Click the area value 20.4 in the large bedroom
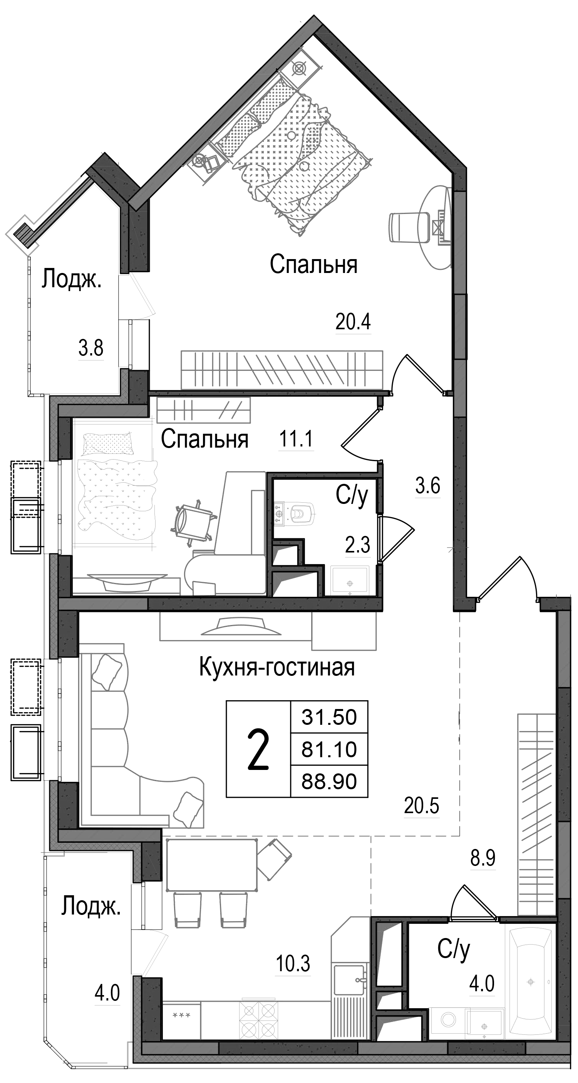click(353, 322)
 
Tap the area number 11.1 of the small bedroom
click(296, 440)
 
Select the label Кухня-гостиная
click(277, 667)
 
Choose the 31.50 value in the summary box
click(329, 717)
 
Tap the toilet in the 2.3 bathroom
click(300, 512)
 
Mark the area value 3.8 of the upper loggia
click(91, 348)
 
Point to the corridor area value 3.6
click(427, 487)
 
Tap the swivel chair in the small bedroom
click(191, 522)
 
